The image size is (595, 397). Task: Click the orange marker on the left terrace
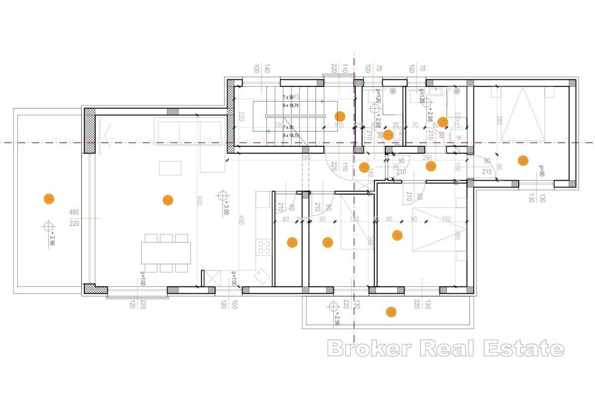(x=49, y=199)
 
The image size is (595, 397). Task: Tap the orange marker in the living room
(x=168, y=200)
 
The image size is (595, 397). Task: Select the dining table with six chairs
(x=166, y=252)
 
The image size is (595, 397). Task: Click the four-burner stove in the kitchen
(x=264, y=246)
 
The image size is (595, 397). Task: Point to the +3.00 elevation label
(x=226, y=207)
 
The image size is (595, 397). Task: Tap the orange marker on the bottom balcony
(x=391, y=312)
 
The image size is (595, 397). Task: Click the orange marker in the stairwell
(x=340, y=117)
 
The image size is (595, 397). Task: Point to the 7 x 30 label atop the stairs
(x=288, y=97)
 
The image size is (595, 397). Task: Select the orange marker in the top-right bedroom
(x=522, y=160)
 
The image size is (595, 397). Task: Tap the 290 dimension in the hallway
(x=427, y=157)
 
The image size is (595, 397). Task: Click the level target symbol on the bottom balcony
(x=332, y=307)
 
